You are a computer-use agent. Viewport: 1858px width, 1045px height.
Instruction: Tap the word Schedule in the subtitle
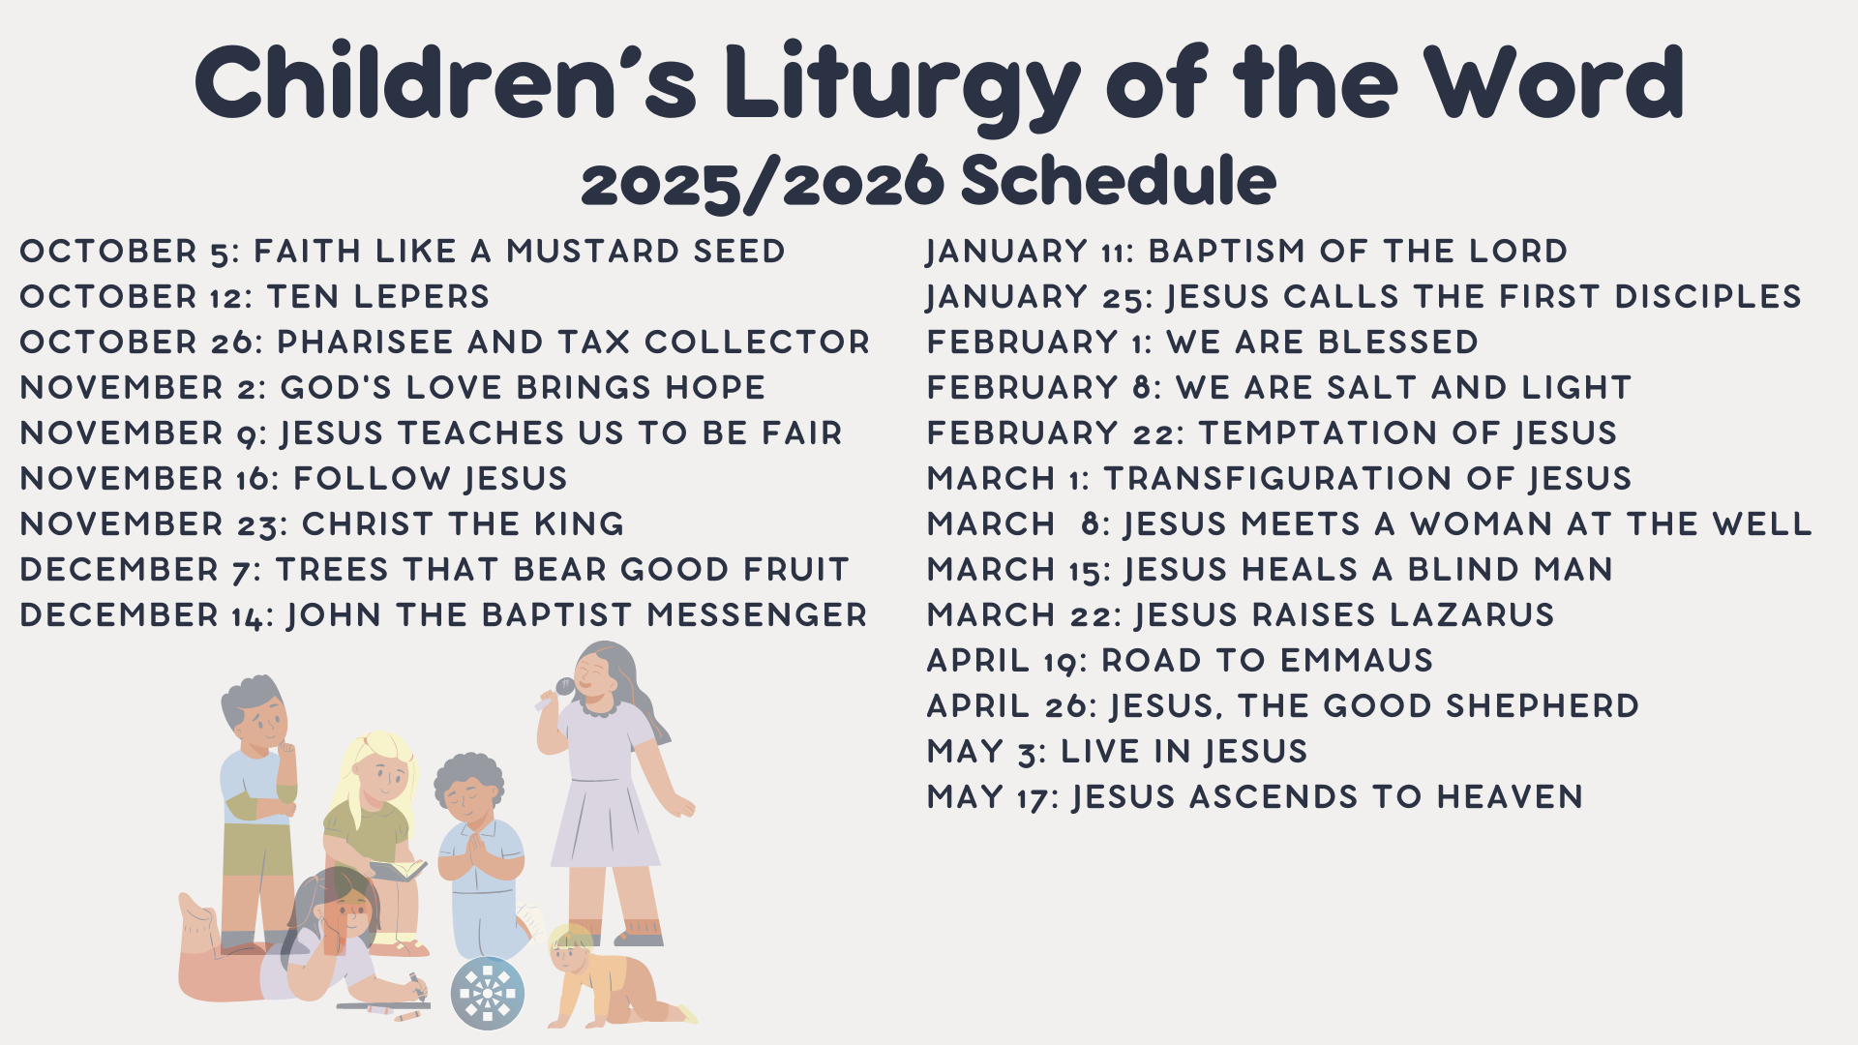1118,181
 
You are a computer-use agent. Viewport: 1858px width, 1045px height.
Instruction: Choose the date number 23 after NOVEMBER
261,524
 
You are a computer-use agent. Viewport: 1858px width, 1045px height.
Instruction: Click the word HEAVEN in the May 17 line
1510,797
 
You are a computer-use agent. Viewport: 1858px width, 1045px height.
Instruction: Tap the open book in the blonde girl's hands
399,869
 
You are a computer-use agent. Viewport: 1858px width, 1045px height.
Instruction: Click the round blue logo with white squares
488,993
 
